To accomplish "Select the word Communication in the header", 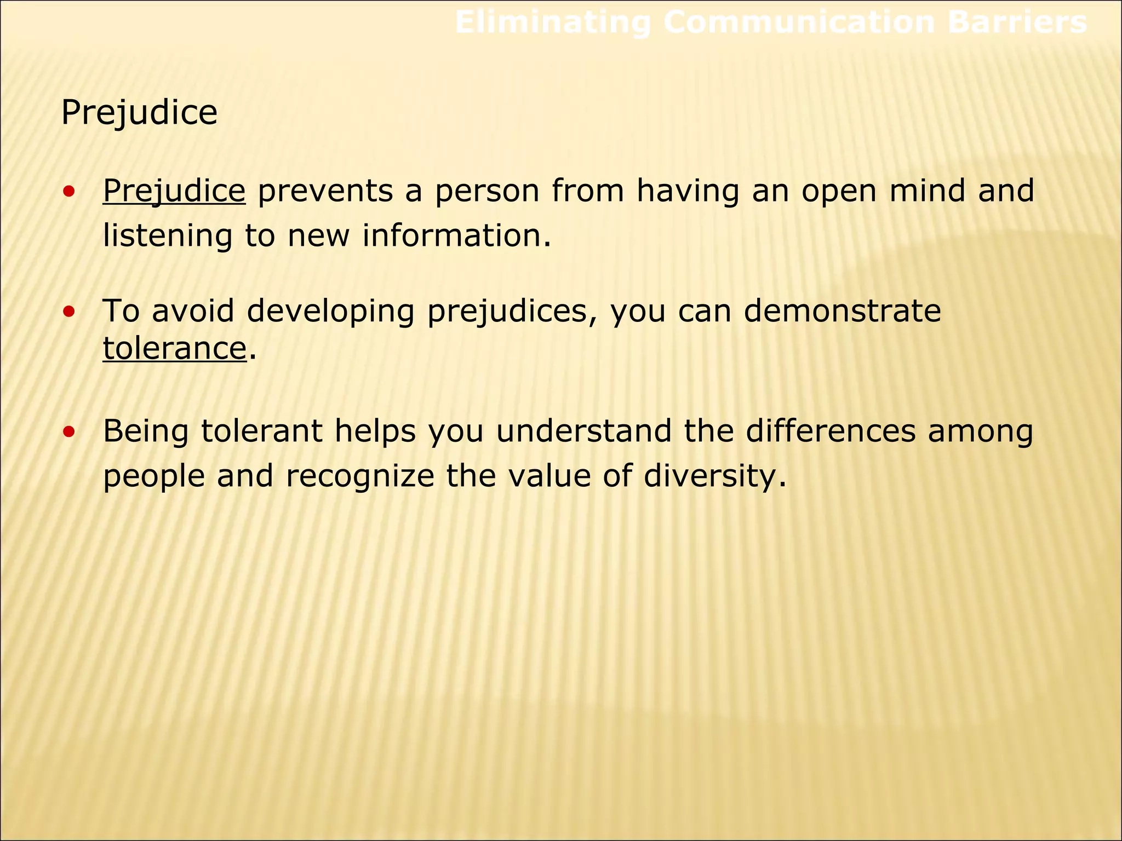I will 799,23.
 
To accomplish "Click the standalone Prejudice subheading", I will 139,113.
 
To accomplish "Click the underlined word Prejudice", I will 174,191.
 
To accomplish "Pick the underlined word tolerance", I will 175,348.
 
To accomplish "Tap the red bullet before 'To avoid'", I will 69,312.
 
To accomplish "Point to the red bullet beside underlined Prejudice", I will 69,192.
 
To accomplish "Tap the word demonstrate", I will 842,311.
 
